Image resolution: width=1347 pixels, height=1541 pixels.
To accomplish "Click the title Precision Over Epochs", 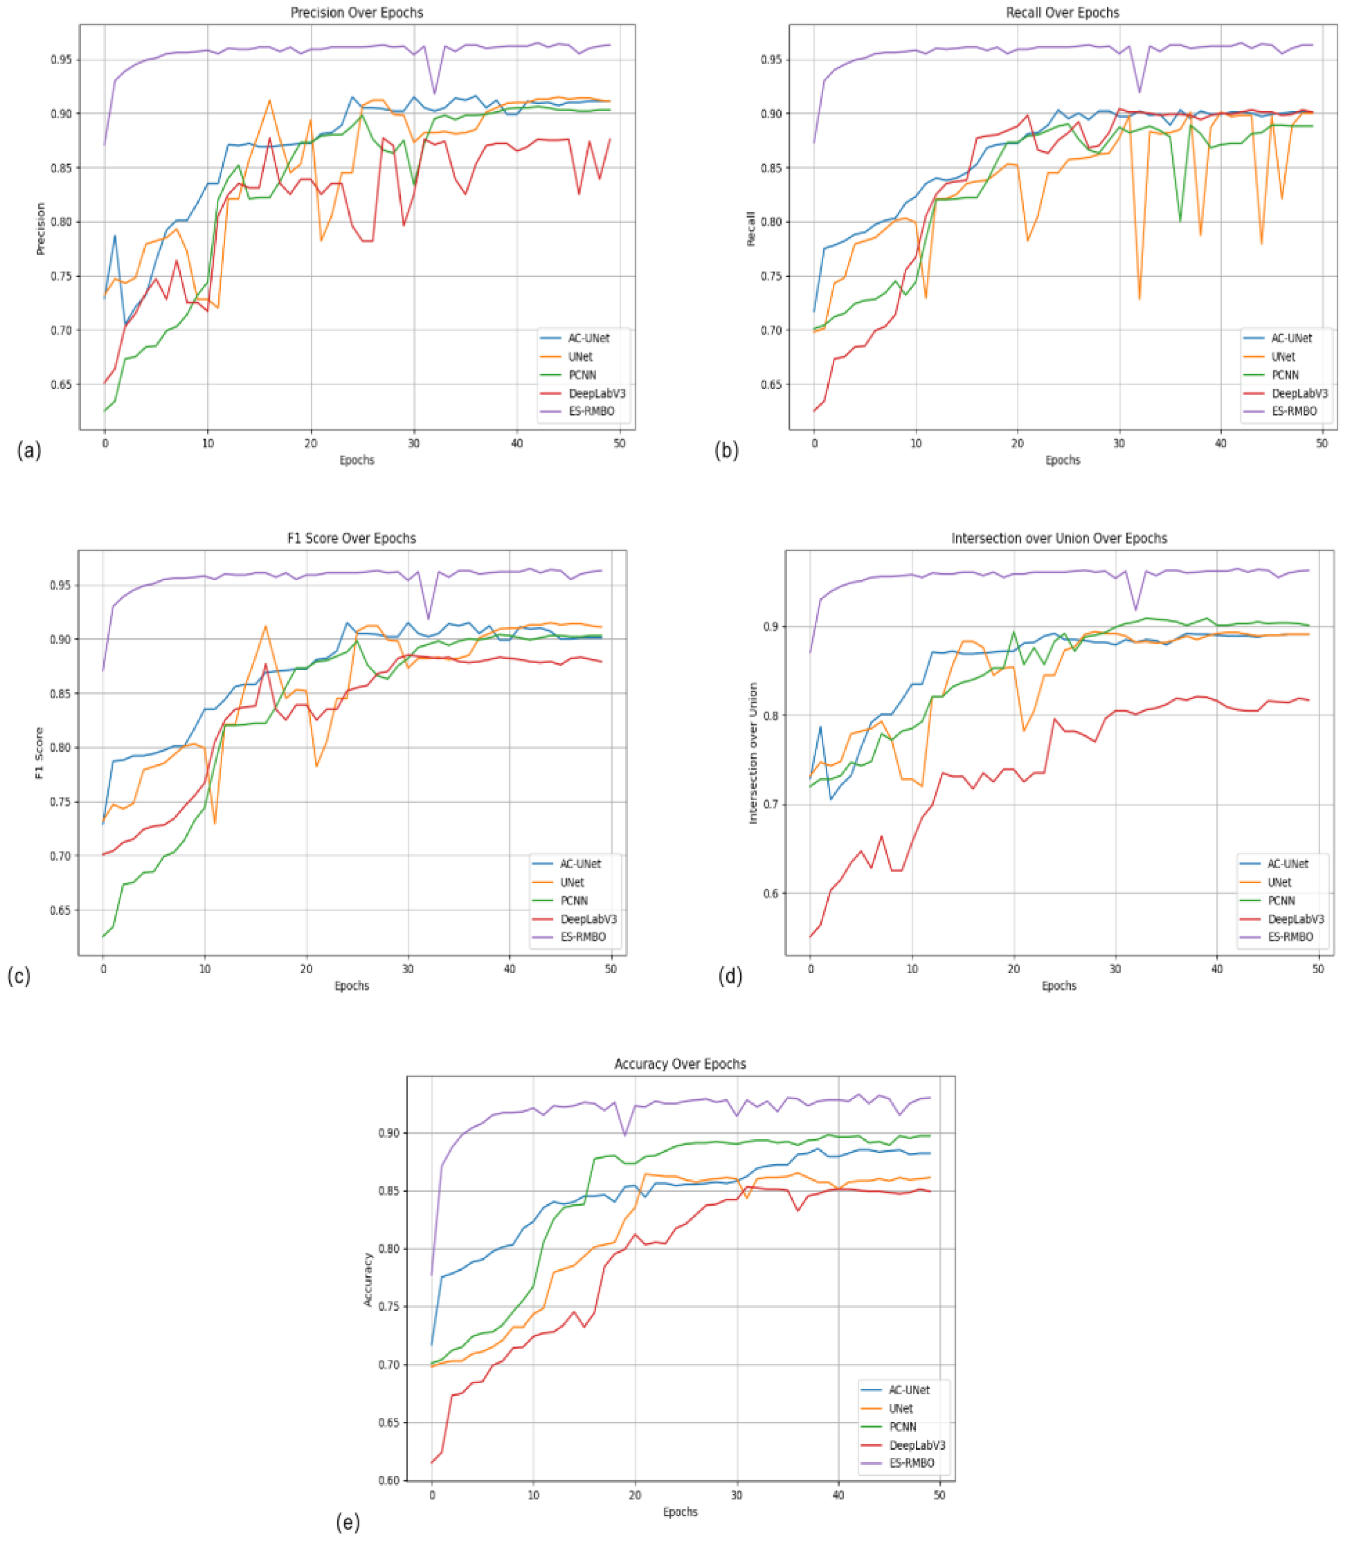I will pyautogui.click(x=356, y=13).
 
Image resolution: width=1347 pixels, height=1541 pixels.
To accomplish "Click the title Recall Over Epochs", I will pyautogui.click(x=1062, y=13).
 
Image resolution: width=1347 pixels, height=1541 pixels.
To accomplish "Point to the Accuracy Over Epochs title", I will pyautogui.click(x=680, y=1064).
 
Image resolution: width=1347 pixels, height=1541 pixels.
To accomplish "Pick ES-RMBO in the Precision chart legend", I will pyautogui.click(x=592, y=411).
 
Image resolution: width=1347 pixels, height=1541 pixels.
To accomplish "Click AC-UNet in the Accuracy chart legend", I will pyautogui.click(x=909, y=1390).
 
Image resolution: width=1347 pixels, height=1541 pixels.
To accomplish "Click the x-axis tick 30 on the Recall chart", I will pyautogui.click(x=1119, y=444).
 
